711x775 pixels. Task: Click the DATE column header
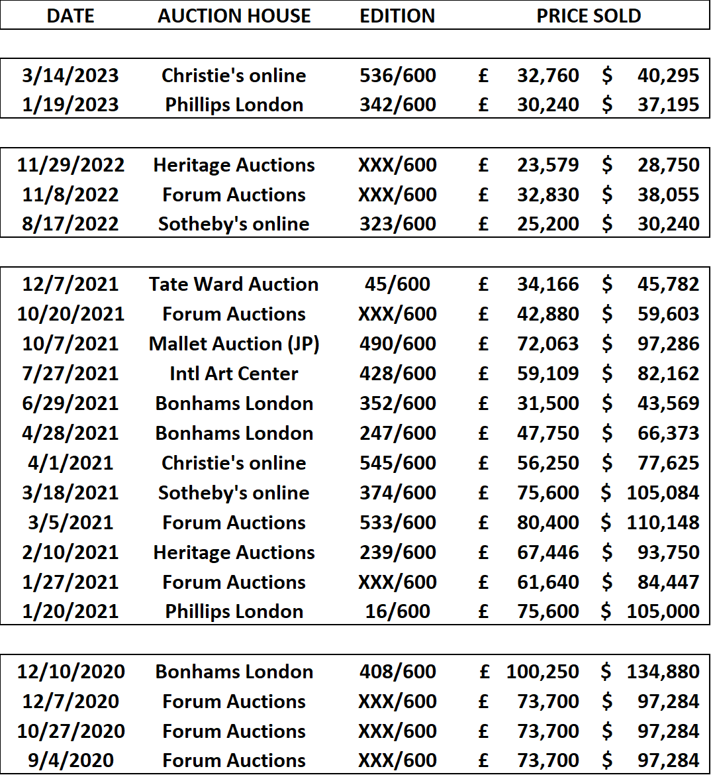[70, 16]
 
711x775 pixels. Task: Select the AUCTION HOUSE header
[234, 16]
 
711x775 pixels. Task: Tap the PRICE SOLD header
[589, 16]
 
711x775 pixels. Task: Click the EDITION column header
[397, 16]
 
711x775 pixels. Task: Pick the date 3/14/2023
[70, 76]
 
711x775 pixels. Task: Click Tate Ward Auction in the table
[234, 284]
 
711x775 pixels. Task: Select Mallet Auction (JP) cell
[234, 344]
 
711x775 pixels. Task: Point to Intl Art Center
[234, 374]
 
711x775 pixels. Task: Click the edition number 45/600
[397, 284]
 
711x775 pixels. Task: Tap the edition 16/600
[397, 611]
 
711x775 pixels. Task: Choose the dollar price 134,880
[663, 672]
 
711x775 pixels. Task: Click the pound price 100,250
[542, 672]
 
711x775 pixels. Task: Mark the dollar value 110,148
[663, 523]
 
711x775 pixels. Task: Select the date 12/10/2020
[71, 672]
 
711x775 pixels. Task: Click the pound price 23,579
[548, 165]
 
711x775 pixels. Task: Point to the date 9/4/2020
[71, 760]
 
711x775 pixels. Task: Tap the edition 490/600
[397, 344]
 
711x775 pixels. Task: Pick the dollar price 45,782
[669, 284]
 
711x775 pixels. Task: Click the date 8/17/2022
[70, 224]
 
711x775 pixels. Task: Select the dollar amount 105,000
[663, 611]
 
